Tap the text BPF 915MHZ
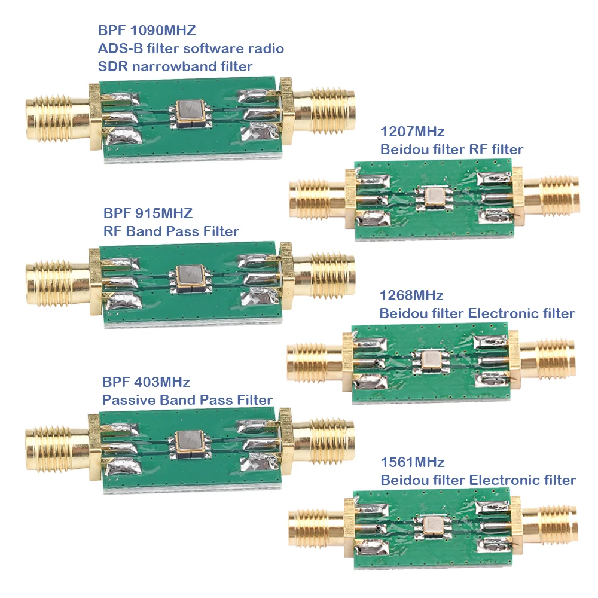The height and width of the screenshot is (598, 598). [x=148, y=213]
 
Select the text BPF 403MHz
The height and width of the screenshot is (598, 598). [x=146, y=382]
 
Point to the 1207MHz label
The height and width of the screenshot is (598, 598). [x=412, y=132]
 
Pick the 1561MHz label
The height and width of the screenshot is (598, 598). [x=412, y=462]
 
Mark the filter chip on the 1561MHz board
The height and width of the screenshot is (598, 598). [x=432, y=524]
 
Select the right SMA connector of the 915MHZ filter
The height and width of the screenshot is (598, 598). [x=323, y=276]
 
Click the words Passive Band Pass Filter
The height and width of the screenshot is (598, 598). [x=187, y=400]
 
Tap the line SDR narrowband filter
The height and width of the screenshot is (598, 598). [x=175, y=66]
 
